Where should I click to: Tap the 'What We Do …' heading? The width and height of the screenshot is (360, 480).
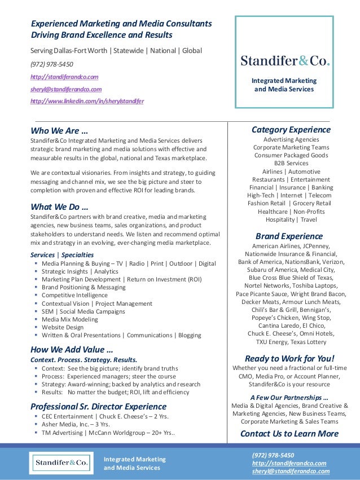click(x=59, y=205)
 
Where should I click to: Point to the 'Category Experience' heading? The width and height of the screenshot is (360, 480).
click(x=291, y=130)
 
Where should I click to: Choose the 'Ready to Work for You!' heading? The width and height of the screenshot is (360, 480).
click(x=289, y=358)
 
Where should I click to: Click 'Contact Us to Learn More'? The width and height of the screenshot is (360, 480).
click(x=289, y=433)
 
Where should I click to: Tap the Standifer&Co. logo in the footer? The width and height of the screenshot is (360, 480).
click(x=62, y=463)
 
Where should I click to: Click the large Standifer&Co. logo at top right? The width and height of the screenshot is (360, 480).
click(x=285, y=61)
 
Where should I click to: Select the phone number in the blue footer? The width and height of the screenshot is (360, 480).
click(x=273, y=455)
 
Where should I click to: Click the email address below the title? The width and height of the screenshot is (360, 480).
click(x=66, y=89)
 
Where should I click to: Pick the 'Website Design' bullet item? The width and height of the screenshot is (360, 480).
click(x=62, y=327)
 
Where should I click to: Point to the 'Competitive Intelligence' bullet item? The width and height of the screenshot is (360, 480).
click(x=74, y=295)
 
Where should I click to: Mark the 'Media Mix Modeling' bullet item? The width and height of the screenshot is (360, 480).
click(x=69, y=319)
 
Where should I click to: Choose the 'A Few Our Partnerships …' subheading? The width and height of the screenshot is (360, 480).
click(x=289, y=396)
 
